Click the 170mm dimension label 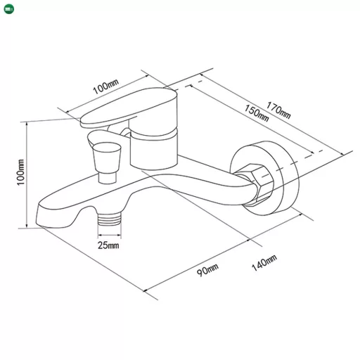(278, 110)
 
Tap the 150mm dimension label (257, 113)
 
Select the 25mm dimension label (108, 245)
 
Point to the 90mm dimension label (207, 270)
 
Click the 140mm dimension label (264, 263)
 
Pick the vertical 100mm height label (20, 172)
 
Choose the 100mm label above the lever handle (105, 86)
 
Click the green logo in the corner (9, 9)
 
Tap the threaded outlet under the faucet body (110, 219)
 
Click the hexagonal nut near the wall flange (255, 185)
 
